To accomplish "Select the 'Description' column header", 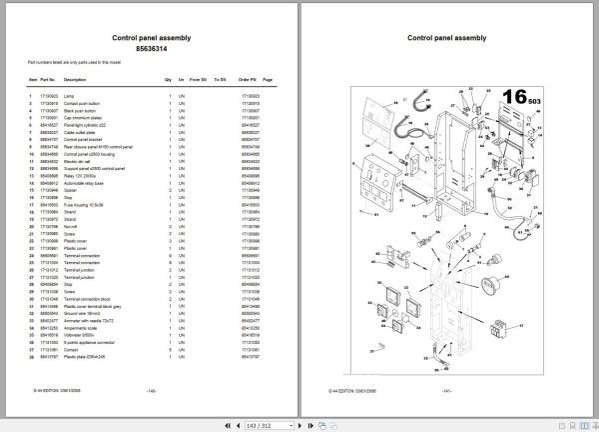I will click(x=75, y=79).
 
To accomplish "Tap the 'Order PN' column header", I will click(x=249, y=79).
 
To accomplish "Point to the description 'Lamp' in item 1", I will click(x=69, y=96).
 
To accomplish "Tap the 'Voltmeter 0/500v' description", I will click(x=80, y=310).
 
